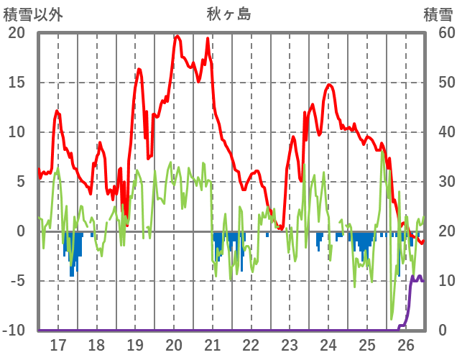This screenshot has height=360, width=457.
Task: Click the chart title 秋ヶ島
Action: pos(228,14)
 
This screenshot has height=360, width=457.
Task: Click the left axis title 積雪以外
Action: pos(33,14)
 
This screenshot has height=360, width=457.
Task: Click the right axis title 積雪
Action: pos(437,14)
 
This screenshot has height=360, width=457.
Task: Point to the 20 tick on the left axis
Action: pos(16,33)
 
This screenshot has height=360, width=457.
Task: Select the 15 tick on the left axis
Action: pos(16,83)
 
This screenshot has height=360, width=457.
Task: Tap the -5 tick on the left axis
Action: pos(16,281)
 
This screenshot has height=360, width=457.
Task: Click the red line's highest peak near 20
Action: pos(177,35)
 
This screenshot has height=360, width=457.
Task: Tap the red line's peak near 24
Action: pos(329,85)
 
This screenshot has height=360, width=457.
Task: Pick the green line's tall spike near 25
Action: pos(383,152)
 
